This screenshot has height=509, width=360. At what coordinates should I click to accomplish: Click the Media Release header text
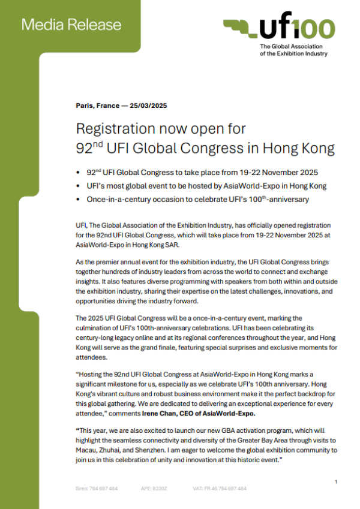[71, 25]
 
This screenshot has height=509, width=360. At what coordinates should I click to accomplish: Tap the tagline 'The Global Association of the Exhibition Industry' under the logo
[293, 50]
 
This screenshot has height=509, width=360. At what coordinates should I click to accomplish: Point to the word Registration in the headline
[110, 129]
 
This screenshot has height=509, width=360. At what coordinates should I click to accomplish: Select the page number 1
[336, 481]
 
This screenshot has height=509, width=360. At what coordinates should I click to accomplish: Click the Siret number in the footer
[97, 489]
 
